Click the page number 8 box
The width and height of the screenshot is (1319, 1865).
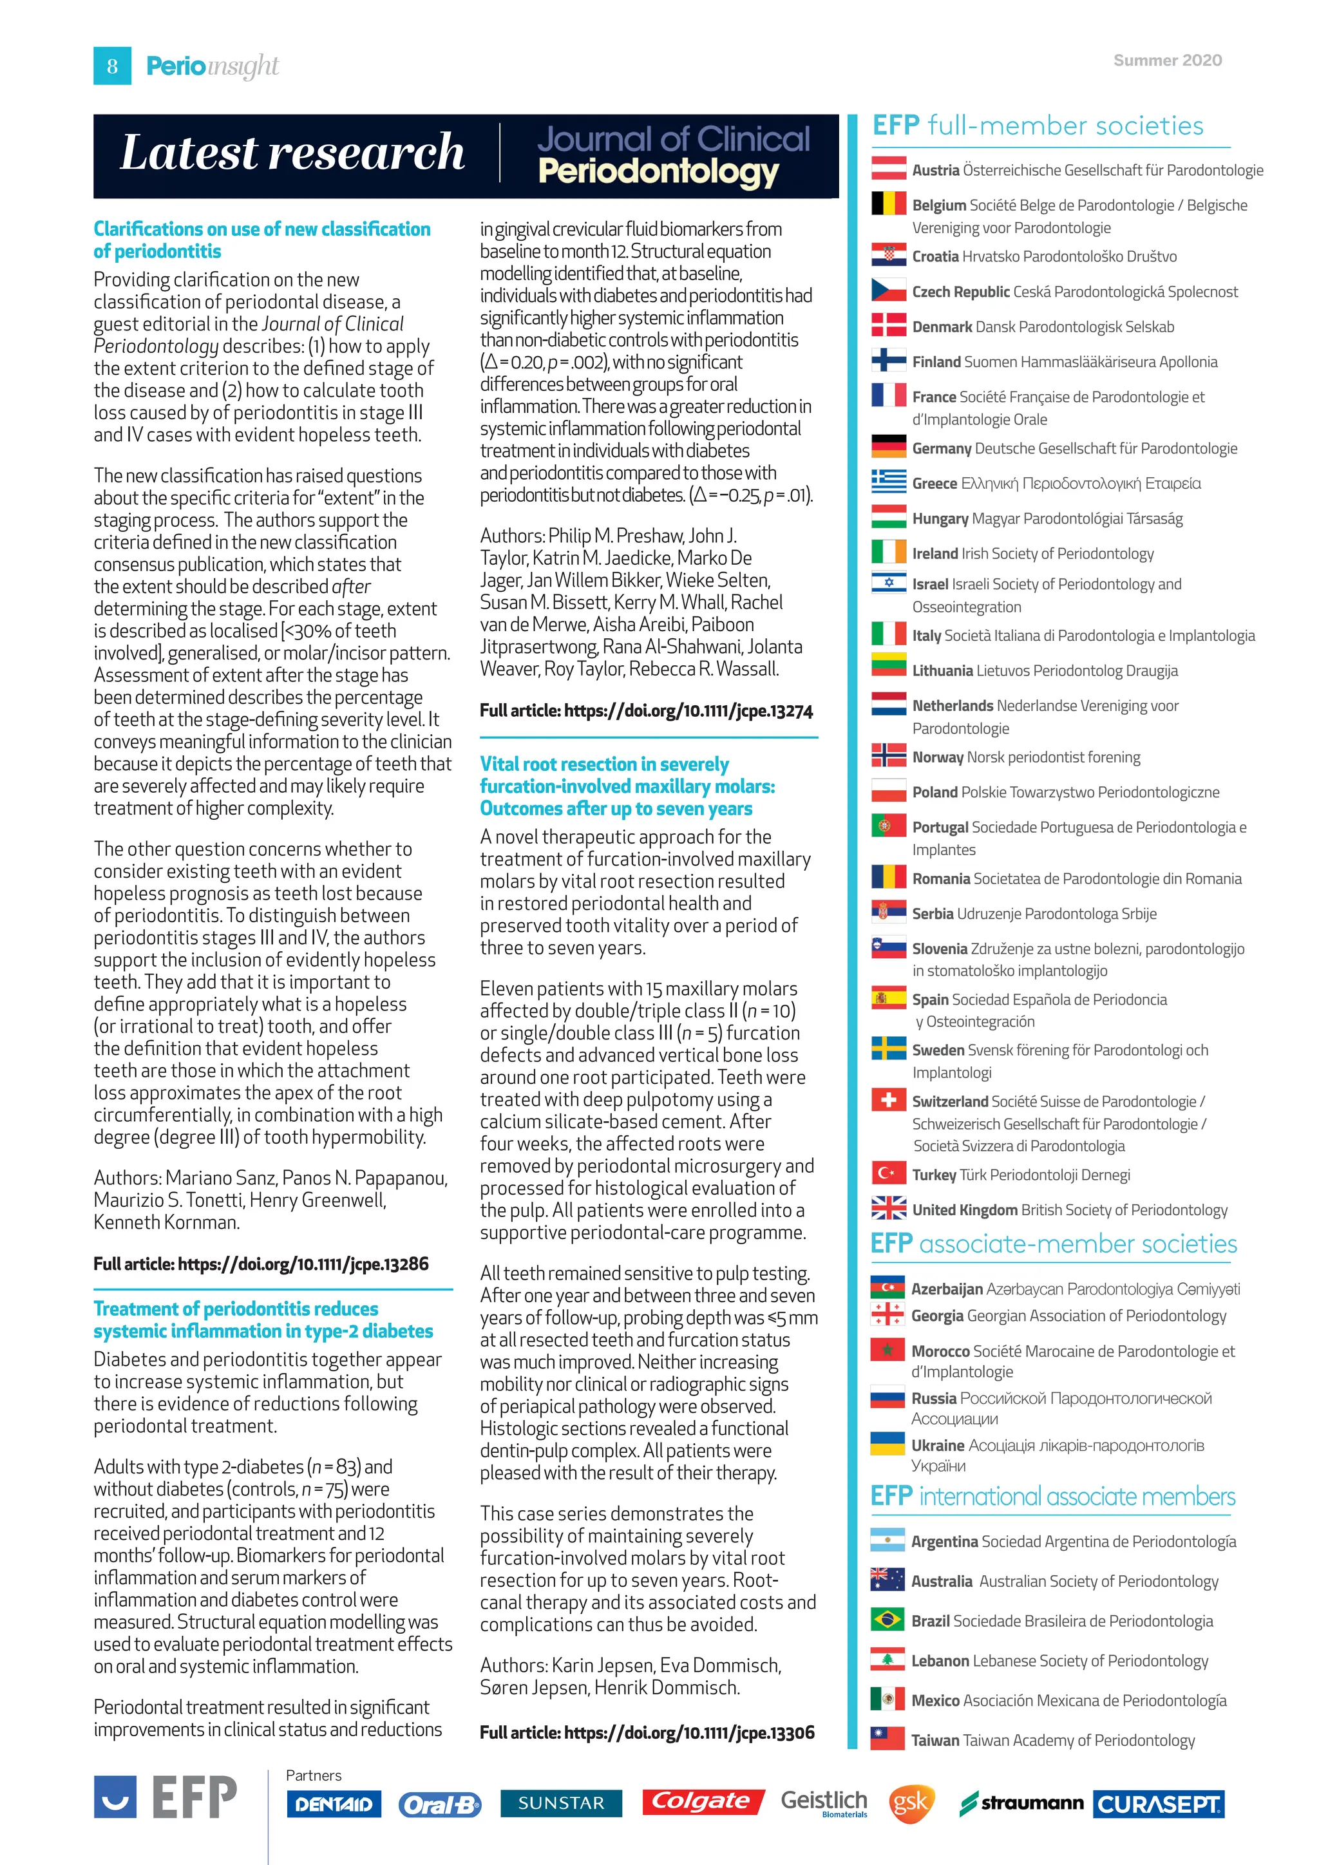112,66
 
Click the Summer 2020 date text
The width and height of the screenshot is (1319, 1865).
1167,60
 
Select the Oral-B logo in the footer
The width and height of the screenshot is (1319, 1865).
439,1804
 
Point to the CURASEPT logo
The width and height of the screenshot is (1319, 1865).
1158,1804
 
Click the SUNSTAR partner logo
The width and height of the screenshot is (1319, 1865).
561,1803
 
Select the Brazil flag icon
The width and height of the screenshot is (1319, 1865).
887,1620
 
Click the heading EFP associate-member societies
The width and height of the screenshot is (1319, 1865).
1054,1244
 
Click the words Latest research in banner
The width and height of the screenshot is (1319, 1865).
292,153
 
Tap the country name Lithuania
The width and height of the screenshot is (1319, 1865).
942,670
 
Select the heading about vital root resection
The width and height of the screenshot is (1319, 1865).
627,786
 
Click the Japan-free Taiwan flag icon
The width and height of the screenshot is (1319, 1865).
887,1739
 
